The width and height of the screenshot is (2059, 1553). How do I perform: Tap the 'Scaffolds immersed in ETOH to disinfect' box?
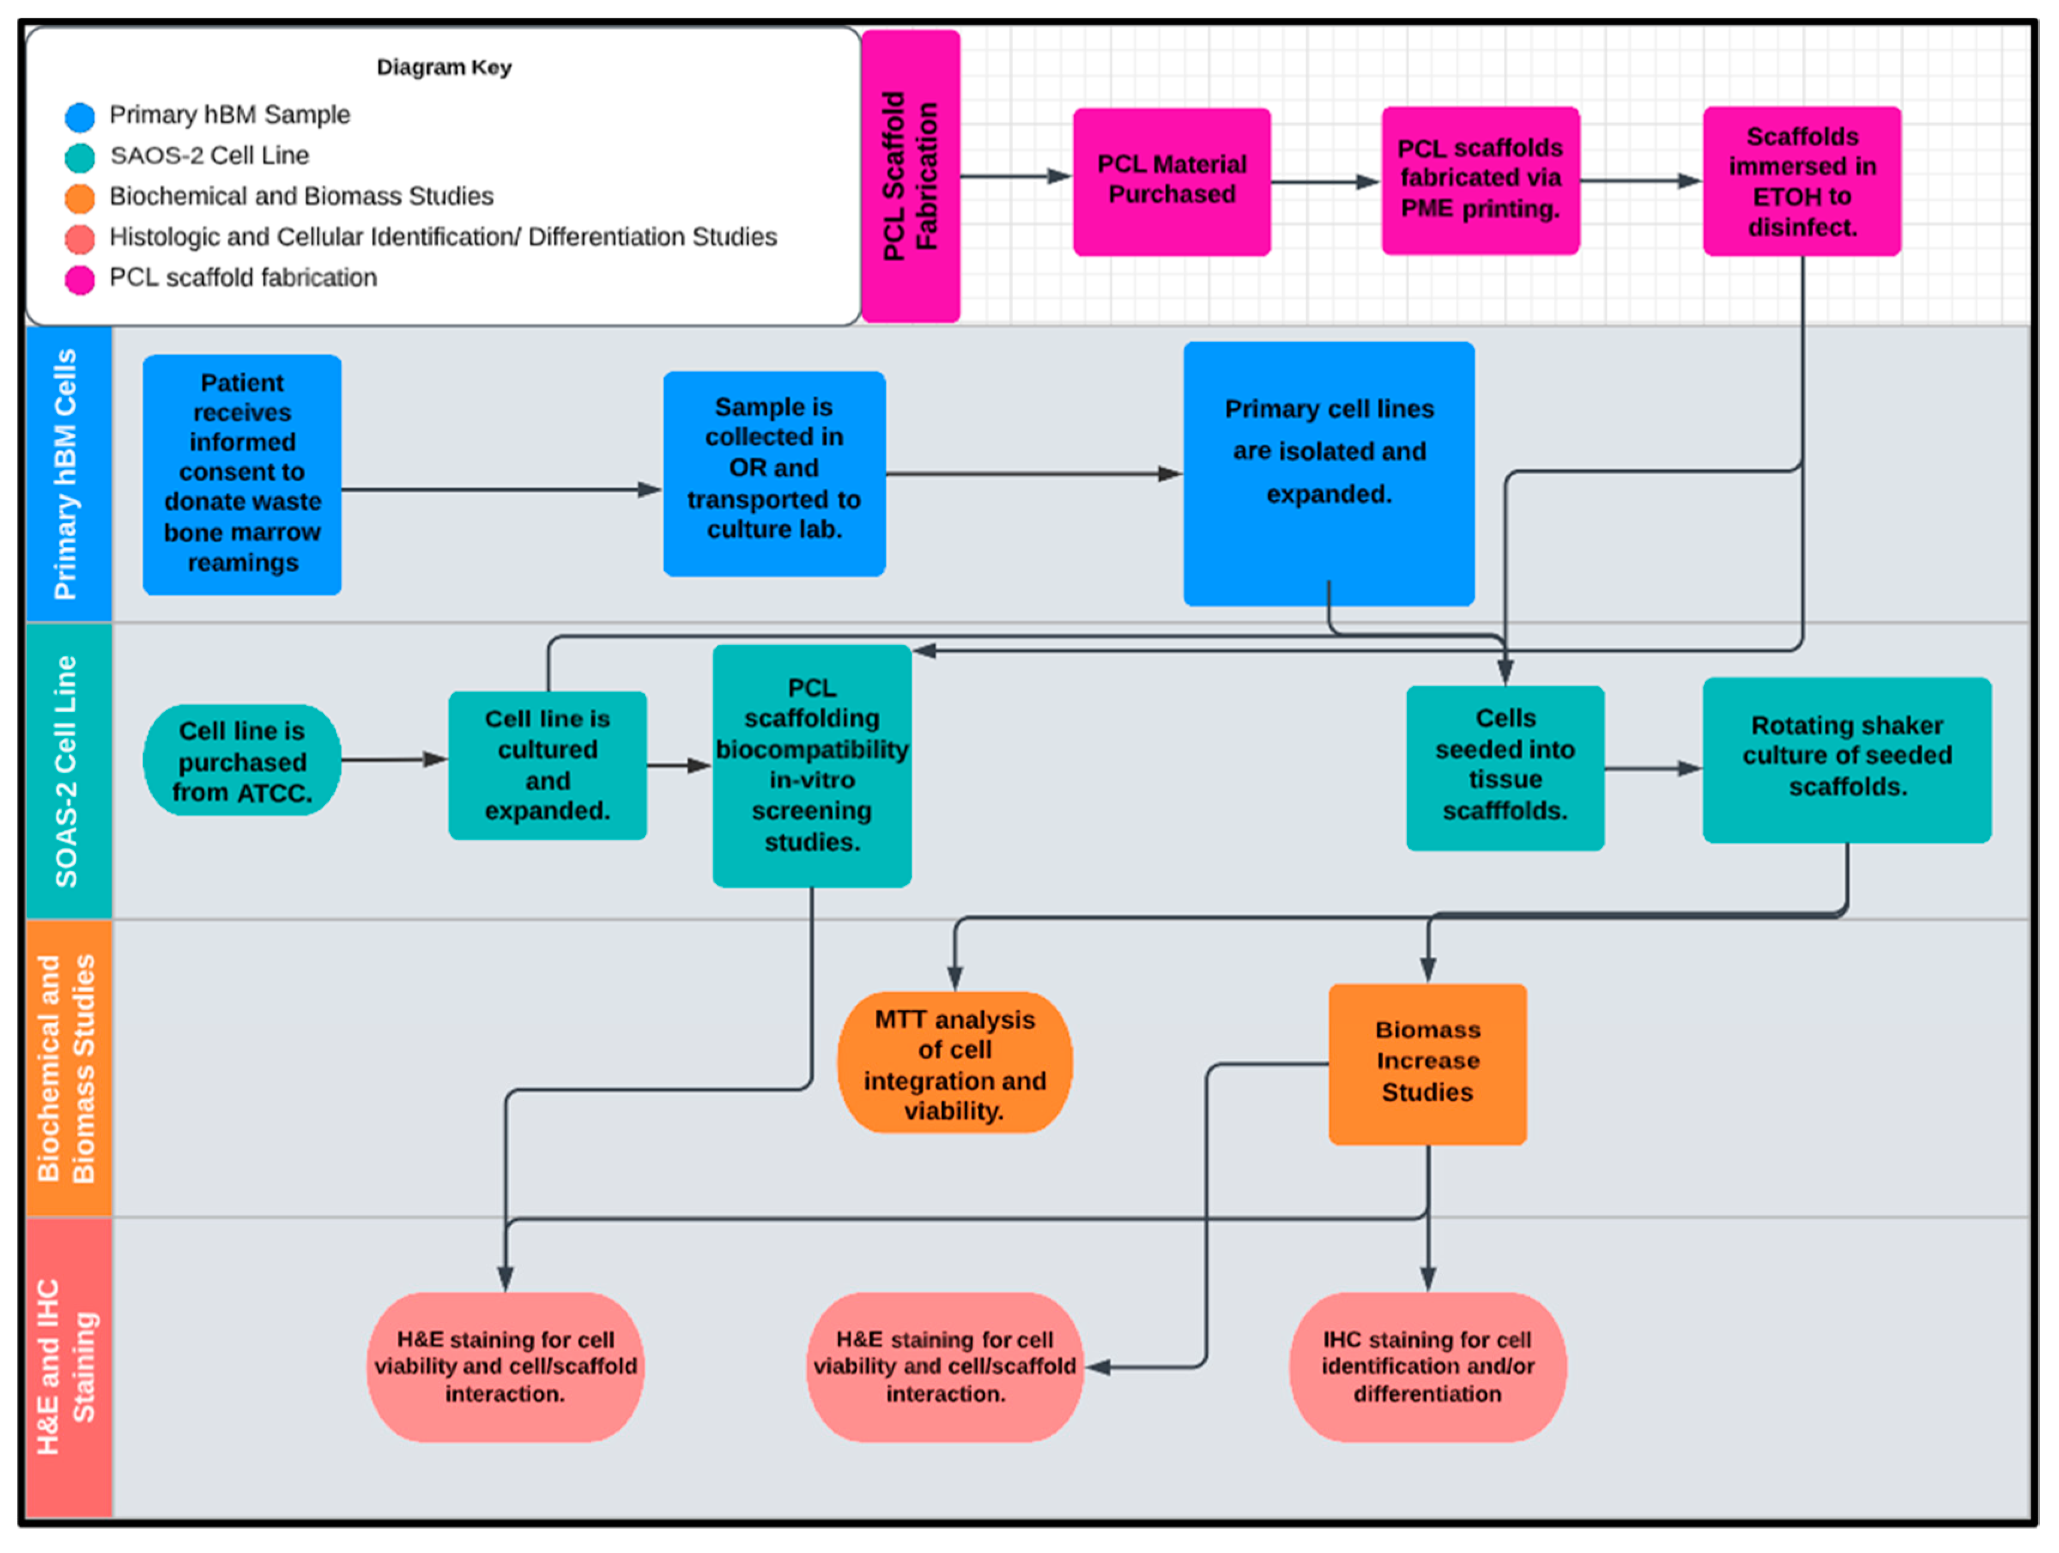(x=1802, y=181)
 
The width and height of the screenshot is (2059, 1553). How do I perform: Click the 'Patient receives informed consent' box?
(x=242, y=474)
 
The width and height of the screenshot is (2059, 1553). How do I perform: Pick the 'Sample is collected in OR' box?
(x=774, y=473)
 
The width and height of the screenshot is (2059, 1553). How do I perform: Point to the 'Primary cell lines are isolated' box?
(x=1328, y=473)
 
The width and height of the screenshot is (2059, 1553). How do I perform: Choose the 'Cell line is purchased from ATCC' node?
(x=242, y=760)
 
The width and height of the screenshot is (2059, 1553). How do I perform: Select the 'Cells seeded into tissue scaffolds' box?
(x=1505, y=768)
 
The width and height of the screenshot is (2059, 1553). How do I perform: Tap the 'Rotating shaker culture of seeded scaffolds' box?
(x=1847, y=760)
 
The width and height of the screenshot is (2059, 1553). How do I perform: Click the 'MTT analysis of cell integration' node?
(x=954, y=1062)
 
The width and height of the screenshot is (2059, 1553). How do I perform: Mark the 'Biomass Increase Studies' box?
(x=1427, y=1063)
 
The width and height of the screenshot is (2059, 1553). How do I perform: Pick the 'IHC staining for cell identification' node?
(x=1427, y=1366)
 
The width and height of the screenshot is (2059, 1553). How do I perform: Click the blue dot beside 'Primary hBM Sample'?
(x=80, y=116)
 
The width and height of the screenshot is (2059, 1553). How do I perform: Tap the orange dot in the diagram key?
(x=80, y=198)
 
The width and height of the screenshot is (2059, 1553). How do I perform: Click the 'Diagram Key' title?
(x=444, y=67)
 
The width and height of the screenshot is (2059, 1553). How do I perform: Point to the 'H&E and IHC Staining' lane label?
(x=65, y=1366)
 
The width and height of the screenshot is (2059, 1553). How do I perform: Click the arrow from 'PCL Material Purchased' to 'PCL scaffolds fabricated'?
(x=1325, y=181)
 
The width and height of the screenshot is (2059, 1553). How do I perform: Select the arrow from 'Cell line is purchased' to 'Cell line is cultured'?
(x=395, y=760)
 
